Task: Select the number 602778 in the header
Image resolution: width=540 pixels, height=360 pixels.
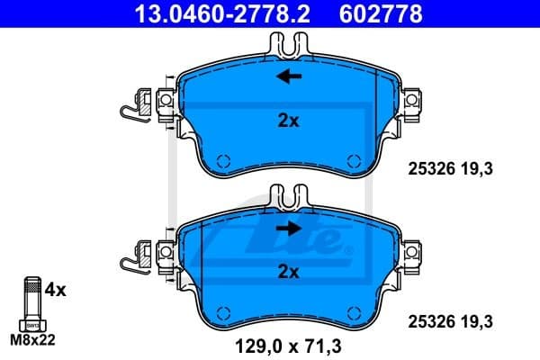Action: point(382,13)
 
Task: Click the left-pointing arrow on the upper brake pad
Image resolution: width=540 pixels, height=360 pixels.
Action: point(289,77)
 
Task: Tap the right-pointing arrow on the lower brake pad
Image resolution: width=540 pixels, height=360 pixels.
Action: point(289,229)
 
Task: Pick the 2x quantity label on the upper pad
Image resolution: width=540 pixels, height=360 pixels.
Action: point(288,121)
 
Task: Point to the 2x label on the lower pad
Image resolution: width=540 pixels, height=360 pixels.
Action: point(288,270)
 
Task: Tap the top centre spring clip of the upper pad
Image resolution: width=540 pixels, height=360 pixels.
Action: point(288,42)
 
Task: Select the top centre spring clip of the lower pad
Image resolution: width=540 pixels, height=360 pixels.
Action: point(288,196)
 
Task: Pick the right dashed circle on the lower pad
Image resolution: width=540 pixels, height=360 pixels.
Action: point(352,312)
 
